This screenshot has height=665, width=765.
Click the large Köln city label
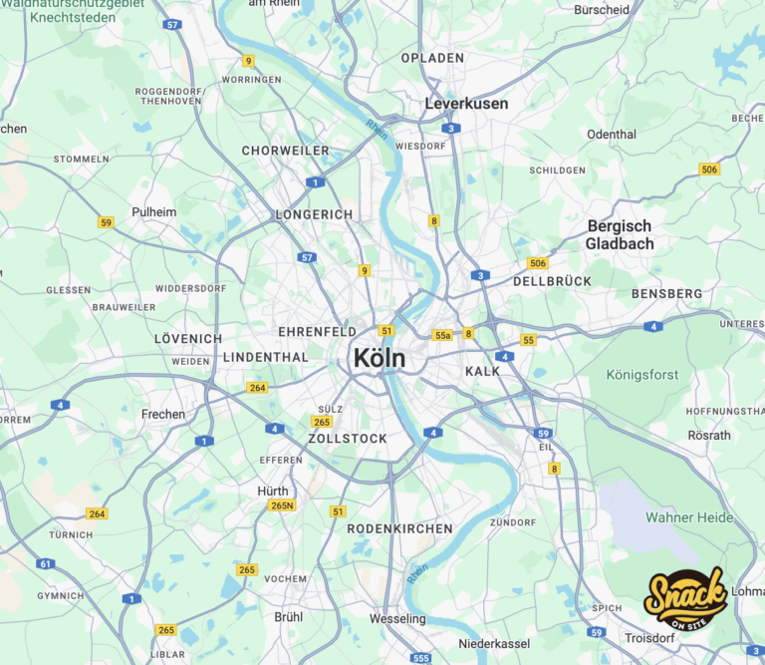[380, 358]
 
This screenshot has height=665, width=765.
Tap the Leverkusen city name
[466, 104]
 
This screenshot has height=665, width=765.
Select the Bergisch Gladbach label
[620, 235]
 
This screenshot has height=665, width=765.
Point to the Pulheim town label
[153, 212]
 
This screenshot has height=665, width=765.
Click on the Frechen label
[162, 414]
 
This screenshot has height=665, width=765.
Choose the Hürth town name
[273, 491]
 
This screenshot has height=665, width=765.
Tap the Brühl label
[288, 616]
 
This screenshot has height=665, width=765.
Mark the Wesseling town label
[397, 618]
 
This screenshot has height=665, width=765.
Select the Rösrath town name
[709, 435]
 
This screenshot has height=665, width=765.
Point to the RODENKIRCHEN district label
[399, 528]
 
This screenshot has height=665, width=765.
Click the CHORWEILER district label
[285, 151]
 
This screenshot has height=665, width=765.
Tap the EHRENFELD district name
[317, 331]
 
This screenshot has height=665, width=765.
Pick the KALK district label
[482, 371]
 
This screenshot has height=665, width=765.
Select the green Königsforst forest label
[641, 375]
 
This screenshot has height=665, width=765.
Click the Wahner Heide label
[689, 517]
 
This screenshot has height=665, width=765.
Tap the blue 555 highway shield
[421, 658]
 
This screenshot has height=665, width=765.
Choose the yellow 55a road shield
[442, 336]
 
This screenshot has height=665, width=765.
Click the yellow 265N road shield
[283, 505]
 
